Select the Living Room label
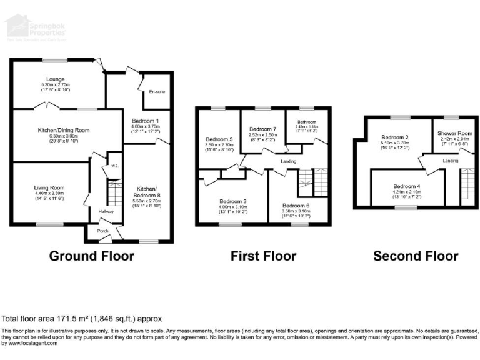tap(48, 187)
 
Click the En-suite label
tap(157, 92)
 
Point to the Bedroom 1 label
tap(146, 119)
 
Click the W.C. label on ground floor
tap(114, 166)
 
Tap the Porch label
tap(102, 232)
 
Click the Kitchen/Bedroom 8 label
tap(148, 189)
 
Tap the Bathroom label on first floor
tap(307, 122)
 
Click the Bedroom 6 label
tap(296, 205)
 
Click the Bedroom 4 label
tap(406, 186)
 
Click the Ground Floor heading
tap(91, 256)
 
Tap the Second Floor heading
tap(416, 256)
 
